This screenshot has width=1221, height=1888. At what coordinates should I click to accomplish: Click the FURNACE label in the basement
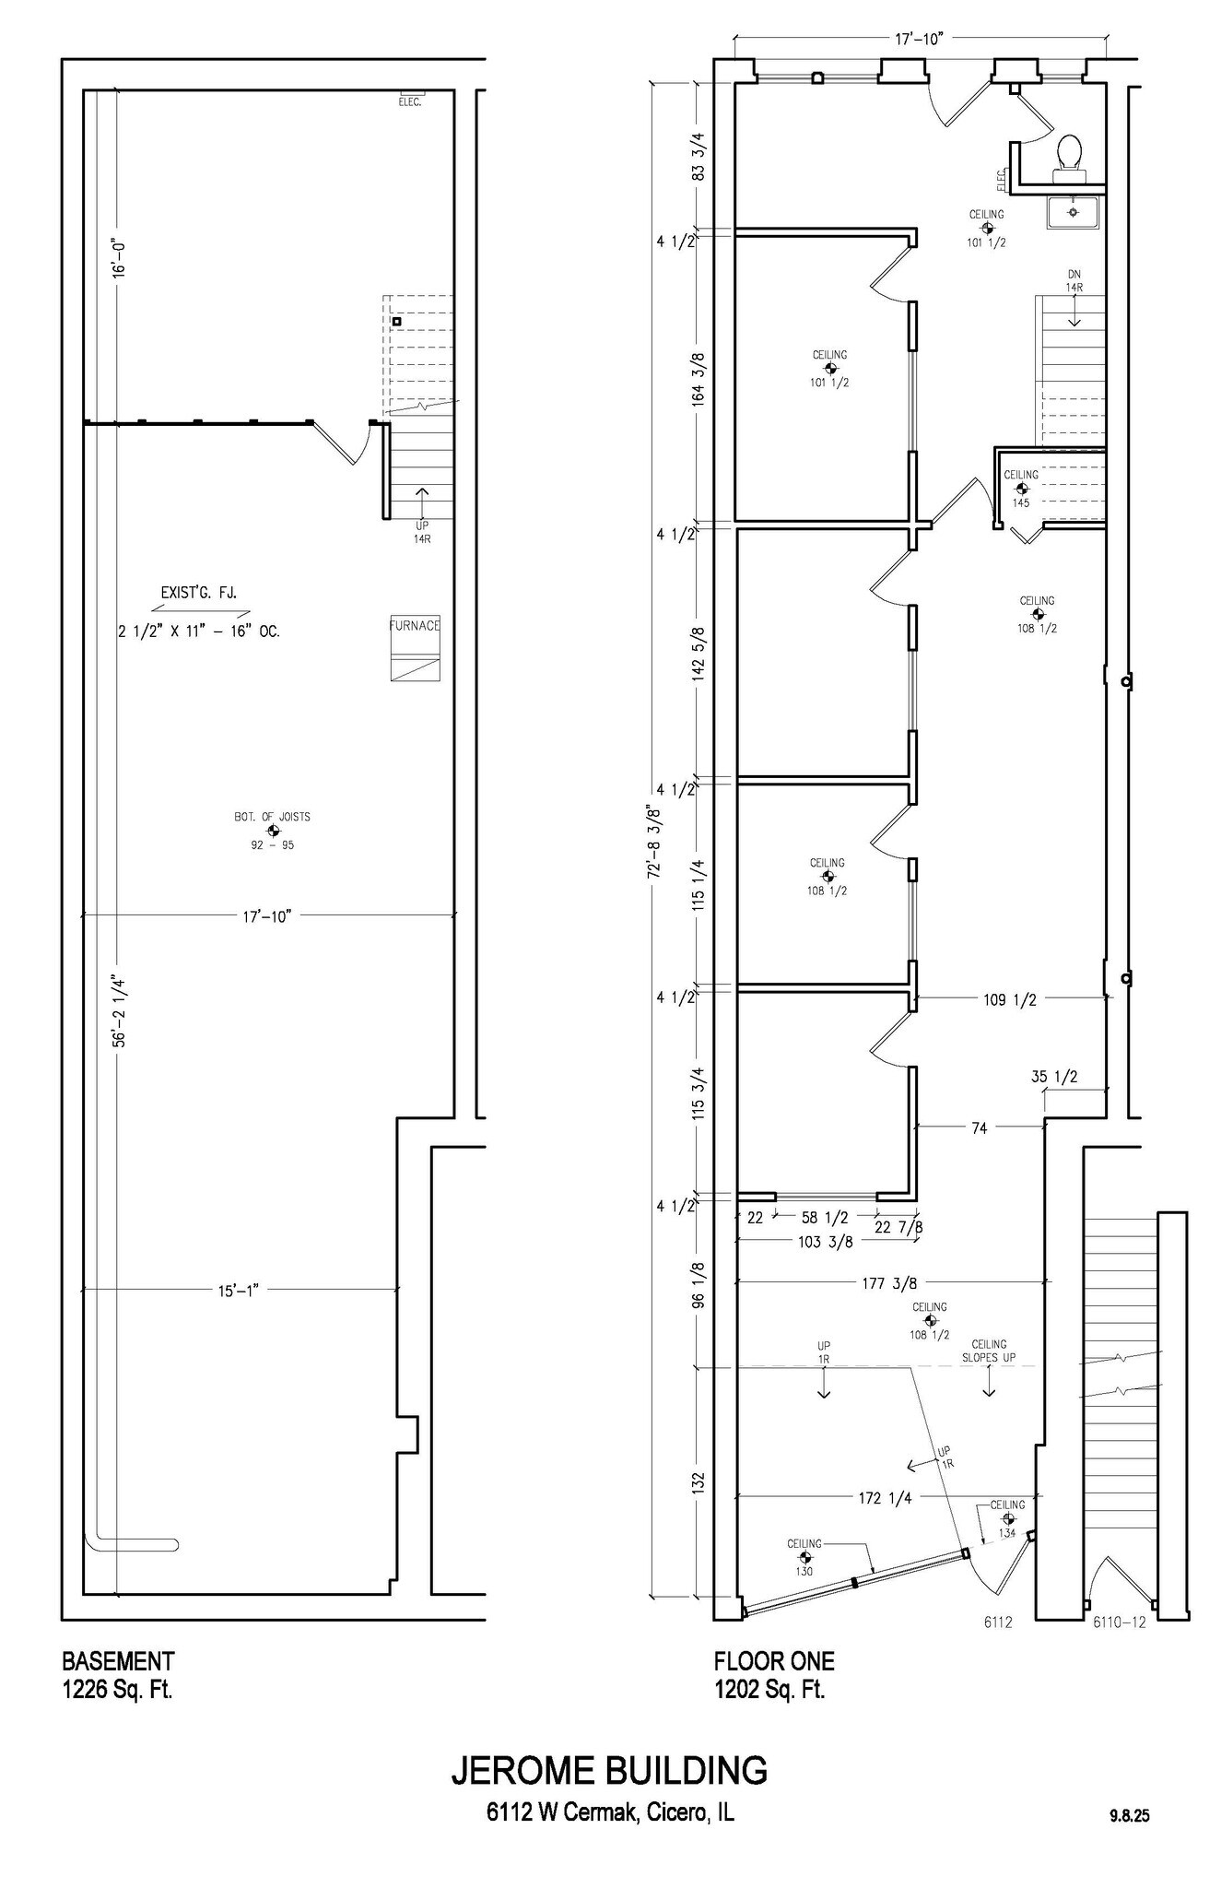click(x=414, y=626)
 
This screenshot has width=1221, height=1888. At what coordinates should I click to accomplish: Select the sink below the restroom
click(x=1073, y=212)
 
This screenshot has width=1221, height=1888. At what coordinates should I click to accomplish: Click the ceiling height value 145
click(x=1020, y=503)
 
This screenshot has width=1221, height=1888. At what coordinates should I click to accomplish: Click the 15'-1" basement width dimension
click(x=238, y=1291)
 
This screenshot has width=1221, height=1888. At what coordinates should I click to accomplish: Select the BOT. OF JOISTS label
click(x=272, y=817)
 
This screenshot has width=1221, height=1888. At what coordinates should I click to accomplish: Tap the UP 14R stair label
click(x=422, y=532)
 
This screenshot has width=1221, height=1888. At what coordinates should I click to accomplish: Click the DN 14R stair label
click(x=1074, y=281)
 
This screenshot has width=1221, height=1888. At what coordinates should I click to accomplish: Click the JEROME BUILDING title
click(x=609, y=1771)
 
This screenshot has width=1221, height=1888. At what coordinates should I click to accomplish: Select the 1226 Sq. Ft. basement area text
click(x=117, y=1690)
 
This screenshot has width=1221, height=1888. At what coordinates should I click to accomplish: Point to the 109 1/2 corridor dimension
click(x=1010, y=999)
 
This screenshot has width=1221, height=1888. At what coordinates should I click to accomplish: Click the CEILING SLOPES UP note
click(x=989, y=1351)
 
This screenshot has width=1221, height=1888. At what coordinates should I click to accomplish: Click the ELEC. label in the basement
click(x=410, y=102)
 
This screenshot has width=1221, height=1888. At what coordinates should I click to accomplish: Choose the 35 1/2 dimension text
click(x=1054, y=1077)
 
